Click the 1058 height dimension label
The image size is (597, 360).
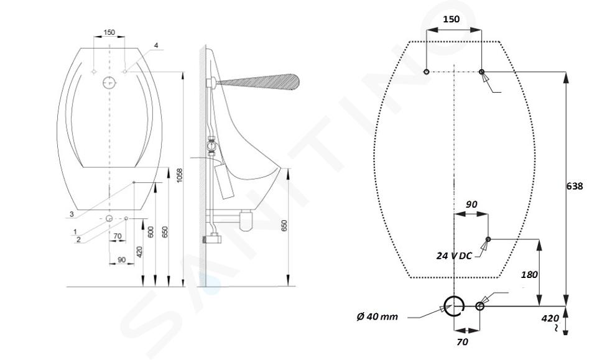[x=180, y=175]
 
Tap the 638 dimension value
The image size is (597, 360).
[x=575, y=186]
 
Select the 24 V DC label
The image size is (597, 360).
[x=454, y=256]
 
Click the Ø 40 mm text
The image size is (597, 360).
[x=377, y=316]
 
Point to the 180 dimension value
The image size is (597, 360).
[x=529, y=274]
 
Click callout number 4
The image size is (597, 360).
[x=155, y=45]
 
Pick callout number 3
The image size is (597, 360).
[x=71, y=215]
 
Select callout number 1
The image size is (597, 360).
[x=75, y=232]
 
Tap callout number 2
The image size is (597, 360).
[x=78, y=239]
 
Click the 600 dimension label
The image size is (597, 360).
[x=150, y=232]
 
